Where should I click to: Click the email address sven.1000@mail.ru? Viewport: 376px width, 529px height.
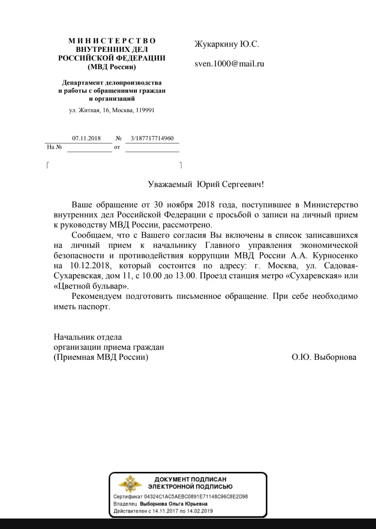coord(229,64)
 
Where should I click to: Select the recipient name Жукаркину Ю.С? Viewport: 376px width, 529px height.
coord(227,44)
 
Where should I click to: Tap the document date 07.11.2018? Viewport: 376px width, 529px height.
coord(86,138)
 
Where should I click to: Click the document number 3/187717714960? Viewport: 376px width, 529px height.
coord(152,138)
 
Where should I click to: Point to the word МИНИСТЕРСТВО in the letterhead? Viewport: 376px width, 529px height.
coord(112,41)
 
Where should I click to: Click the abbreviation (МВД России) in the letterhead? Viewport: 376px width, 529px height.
coord(112,67)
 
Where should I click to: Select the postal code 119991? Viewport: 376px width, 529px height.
coord(144,110)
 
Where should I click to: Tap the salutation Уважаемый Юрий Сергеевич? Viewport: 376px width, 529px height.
coord(206,184)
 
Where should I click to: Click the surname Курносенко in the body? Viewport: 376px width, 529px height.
coord(335,256)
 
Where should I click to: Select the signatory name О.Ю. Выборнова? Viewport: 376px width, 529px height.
coord(324,357)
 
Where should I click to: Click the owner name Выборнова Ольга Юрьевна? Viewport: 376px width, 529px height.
coord(174,504)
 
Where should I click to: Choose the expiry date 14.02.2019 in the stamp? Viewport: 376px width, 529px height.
coord(200,511)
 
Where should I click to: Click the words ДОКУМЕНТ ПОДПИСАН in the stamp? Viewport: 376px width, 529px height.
coord(190,480)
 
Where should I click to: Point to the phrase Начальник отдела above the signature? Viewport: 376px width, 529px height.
coord(88,337)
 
